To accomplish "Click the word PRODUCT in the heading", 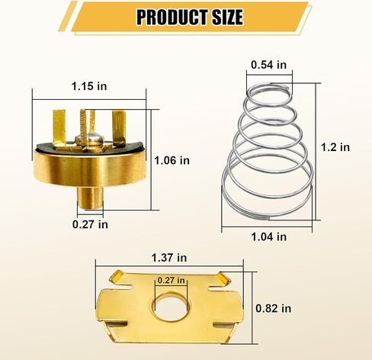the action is click(173, 17).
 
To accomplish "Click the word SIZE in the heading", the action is click(228, 17).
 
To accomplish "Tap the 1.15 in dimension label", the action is click(89, 86).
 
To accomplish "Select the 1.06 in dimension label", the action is click(172, 160).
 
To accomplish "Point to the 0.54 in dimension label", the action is click(269, 65).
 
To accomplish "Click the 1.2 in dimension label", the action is click(335, 147).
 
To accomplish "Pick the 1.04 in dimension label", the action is click(269, 236).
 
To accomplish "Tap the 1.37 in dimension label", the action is click(169, 258).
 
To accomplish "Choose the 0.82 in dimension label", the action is click(274, 308).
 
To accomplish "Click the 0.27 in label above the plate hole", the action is click(172, 280).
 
